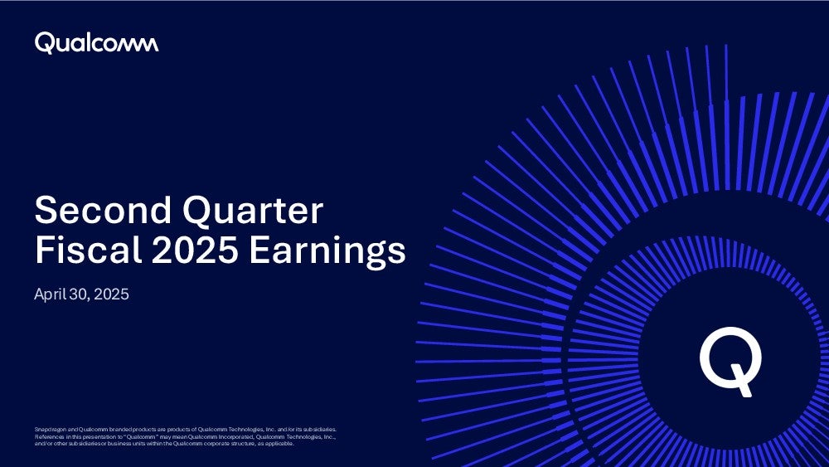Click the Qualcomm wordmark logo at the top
[x=96, y=43]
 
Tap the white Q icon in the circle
[x=730, y=361]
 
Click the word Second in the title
[x=103, y=210]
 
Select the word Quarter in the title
[x=253, y=211]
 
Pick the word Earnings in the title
[x=327, y=251]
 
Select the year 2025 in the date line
[x=112, y=294]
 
